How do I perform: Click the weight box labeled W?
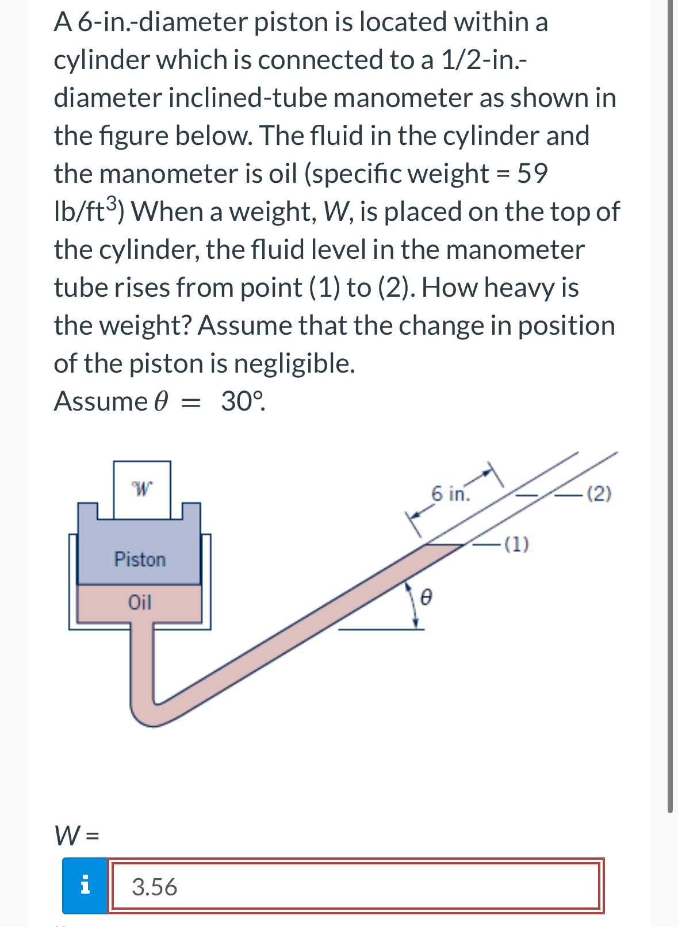142,489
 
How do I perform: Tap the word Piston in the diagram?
140,559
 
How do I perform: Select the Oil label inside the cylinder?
140,602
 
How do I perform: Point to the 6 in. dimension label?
450,493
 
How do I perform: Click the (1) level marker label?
516,543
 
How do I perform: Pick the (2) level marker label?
600,493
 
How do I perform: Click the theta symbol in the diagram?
426,597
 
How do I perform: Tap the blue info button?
85,886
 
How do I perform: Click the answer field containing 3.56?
354,886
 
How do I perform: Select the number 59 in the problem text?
532,173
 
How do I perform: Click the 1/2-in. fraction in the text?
482,60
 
